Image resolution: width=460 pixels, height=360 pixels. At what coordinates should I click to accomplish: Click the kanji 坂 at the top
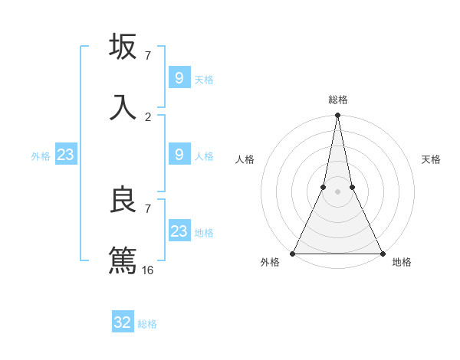tap(123, 47)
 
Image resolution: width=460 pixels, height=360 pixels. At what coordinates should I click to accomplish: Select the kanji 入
tap(123, 106)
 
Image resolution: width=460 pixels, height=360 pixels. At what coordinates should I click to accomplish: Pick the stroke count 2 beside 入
tap(148, 117)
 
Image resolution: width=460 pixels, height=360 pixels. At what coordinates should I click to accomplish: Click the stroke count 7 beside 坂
tap(148, 56)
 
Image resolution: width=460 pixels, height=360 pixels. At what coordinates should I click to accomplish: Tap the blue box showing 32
tap(123, 322)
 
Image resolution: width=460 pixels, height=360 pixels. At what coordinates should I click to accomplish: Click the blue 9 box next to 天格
tap(179, 78)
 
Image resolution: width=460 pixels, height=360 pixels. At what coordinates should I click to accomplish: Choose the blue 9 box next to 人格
tap(179, 155)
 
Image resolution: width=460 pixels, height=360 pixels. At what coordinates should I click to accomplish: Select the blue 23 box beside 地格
tap(179, 231)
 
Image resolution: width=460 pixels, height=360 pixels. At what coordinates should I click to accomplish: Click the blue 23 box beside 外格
tap(66, 155)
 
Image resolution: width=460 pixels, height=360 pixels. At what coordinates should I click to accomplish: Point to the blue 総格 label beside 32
tap(147, 324)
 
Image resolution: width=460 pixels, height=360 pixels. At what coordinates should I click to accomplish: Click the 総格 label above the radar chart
tap(338, 100)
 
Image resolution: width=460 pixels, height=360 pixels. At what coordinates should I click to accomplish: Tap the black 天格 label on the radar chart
tap(432, 159)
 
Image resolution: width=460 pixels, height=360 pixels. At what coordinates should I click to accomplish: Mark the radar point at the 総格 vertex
tap(337, 116)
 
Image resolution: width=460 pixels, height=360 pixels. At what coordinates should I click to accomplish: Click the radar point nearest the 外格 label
tap(293, 254)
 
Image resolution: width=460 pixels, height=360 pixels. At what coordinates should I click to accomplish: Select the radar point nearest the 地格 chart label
tap(382, 254)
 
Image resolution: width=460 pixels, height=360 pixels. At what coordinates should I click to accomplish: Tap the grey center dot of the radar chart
tap(337, 191)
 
